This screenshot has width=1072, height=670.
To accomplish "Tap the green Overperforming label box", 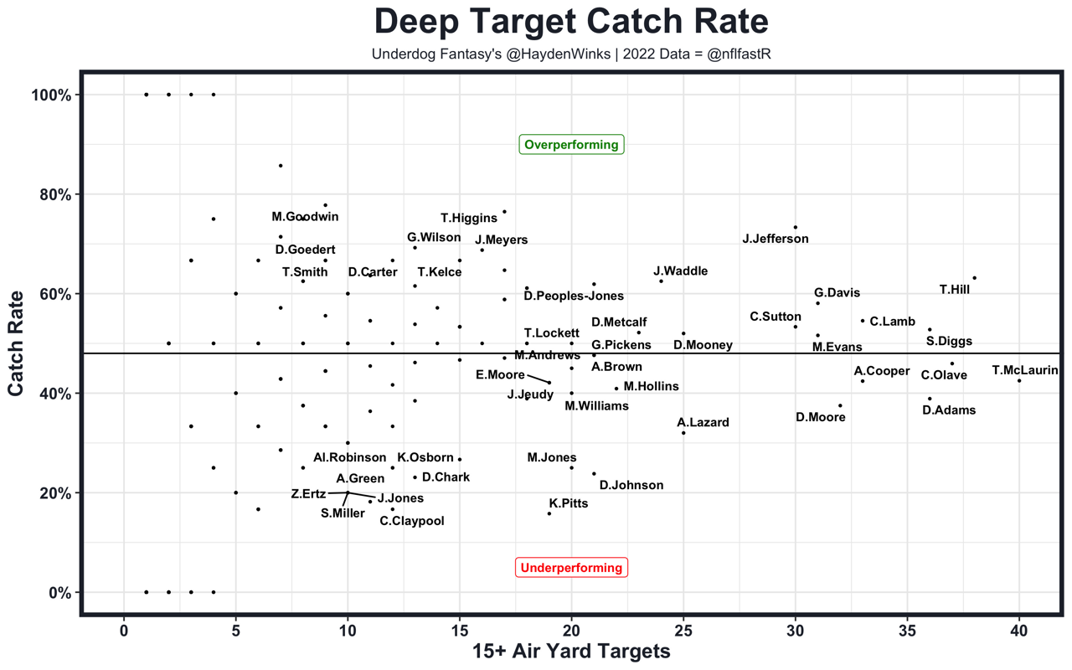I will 571,145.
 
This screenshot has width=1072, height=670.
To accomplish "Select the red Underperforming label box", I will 571,568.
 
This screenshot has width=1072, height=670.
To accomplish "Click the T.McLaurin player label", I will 1024,370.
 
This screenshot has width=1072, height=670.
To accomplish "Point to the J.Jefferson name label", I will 776,239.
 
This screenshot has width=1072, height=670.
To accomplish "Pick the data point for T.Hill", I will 975,278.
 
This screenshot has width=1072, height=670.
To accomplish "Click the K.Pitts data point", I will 549,513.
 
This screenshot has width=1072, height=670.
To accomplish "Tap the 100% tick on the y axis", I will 52,95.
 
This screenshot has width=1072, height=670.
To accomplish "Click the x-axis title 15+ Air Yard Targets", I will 571,652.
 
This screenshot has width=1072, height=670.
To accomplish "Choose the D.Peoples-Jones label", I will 574,296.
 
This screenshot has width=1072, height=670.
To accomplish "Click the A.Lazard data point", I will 683,433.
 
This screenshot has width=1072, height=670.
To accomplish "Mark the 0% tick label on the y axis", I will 59,592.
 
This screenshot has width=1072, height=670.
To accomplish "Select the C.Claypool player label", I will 412,521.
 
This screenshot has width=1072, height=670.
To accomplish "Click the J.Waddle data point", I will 661,281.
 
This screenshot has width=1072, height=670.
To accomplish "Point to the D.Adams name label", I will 949,410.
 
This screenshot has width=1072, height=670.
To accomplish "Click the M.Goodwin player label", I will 305,217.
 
